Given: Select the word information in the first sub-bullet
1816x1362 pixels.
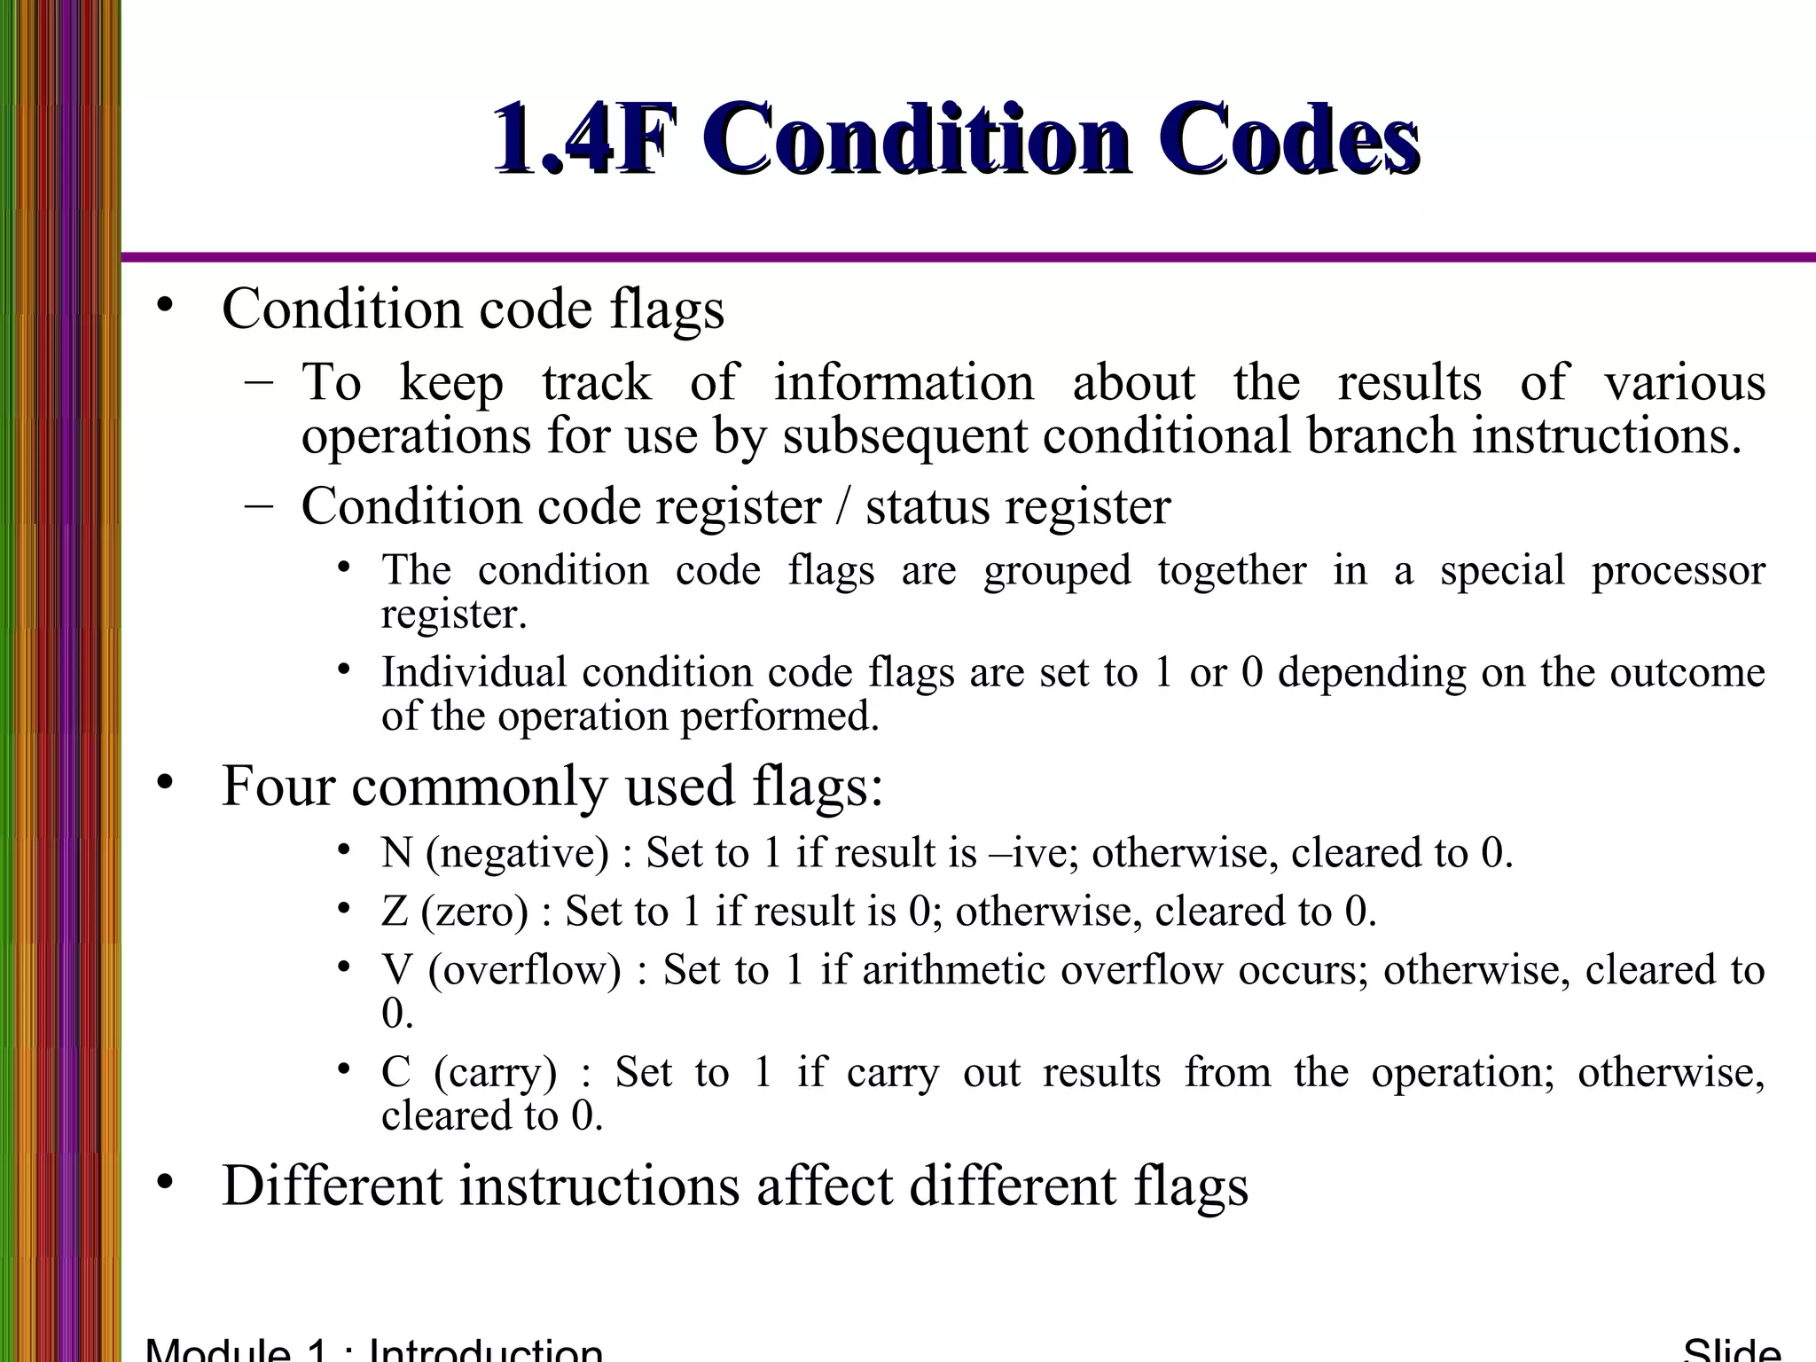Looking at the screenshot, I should click(x=904, y=383).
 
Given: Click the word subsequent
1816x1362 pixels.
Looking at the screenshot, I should click(x=905, y=436).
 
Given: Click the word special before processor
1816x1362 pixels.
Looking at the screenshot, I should click(x=1502, y=570).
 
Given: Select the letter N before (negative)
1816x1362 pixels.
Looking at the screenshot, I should click(x=396, y=853).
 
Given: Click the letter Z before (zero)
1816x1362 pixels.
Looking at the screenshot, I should click(x=394, y=912).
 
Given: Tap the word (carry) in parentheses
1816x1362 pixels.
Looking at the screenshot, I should click(x=496, y=1073).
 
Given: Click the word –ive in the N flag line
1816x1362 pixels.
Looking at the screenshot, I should click(x=1029, y=853).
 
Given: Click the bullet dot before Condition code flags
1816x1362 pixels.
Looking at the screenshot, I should click(x=163, y=306).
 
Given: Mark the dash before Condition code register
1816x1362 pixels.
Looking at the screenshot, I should click(x=258, y=505).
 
